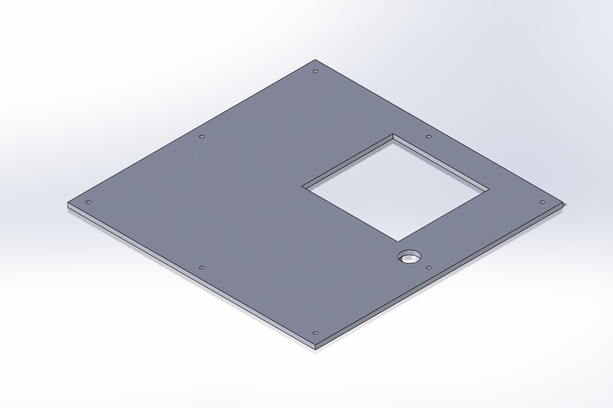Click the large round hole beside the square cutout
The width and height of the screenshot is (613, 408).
click(x=409, y=257)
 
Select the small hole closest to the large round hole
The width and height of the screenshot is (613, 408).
click(x=429, y=268)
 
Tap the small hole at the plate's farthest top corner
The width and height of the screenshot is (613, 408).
click(x=315, y=71)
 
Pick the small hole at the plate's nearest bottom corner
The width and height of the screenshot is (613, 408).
click(x=315, y=333)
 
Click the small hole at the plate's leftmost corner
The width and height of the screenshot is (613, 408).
click(x=88, y=202)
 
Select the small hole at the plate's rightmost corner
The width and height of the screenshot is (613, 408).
click(x=542, y=202)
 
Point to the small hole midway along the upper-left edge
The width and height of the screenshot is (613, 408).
click(x=202, y=137)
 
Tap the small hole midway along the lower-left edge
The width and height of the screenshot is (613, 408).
click(x=202, y=268)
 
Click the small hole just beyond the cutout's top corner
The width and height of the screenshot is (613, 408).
click(x=429, y=137)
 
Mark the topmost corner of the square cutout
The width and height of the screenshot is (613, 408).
click(x=393, y=134)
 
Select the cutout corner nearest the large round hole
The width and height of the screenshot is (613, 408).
click(x=398, y=241)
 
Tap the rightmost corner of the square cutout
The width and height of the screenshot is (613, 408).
click(x=489, y=189)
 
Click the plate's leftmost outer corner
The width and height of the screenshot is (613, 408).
click(x=68, y=203)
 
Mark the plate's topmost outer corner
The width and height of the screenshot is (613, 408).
click(x=315, y=60)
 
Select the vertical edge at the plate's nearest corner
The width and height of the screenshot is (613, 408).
click(x=315, y=347)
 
